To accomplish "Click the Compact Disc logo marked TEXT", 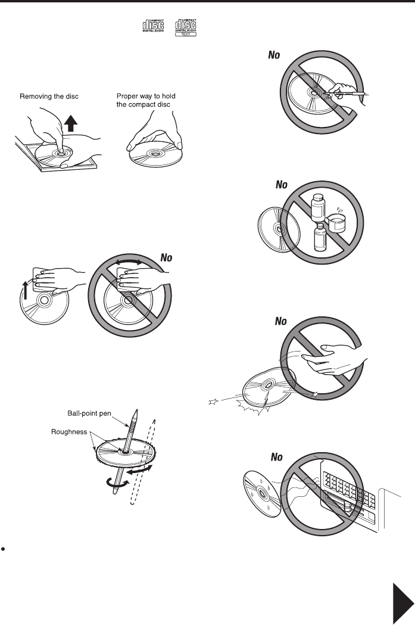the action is click(x=185, y=28).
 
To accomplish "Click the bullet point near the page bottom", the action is click(x=4, y=546).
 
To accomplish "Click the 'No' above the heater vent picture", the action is click(x=277, y=458).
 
